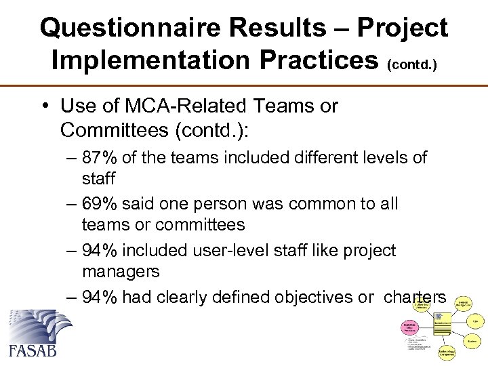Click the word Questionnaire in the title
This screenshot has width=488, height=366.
[x=129, y=28]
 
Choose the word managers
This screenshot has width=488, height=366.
[x=121, y=272]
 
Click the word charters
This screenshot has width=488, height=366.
[x=415, y=297]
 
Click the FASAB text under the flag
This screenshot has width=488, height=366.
[x=33, y=350]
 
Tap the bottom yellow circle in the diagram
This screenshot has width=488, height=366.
[x=446, y=352]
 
